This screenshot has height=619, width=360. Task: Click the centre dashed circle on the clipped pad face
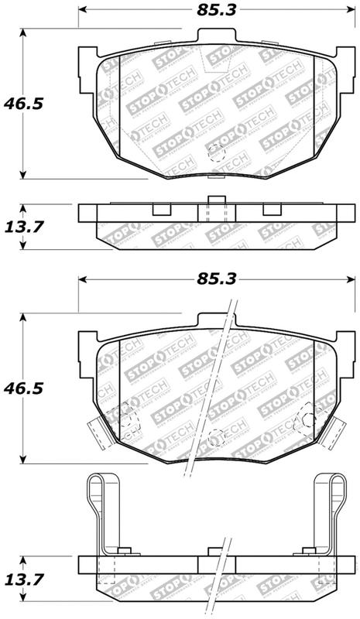(216, 436)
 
